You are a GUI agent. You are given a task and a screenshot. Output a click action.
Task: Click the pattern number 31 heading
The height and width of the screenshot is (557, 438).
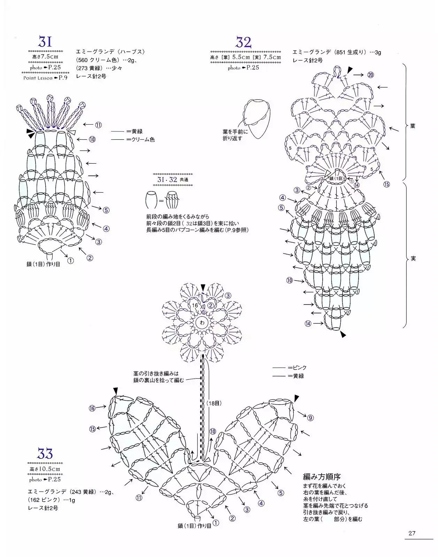45,42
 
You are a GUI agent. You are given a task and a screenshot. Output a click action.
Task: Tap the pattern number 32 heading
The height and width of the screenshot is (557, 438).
243,42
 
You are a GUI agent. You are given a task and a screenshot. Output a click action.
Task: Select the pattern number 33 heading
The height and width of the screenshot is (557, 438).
45,454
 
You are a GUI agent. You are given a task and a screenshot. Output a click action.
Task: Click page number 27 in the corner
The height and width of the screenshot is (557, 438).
412,533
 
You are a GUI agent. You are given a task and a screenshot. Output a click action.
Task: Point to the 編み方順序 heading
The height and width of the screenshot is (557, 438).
322,476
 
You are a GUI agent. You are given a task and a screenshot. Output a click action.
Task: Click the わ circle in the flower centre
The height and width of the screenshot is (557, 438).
202,323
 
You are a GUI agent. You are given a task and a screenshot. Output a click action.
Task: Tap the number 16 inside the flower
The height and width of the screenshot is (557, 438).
195,305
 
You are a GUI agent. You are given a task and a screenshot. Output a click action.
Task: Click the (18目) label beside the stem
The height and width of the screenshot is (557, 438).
214,403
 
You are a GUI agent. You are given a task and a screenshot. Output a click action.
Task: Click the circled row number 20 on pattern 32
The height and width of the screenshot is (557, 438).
370,74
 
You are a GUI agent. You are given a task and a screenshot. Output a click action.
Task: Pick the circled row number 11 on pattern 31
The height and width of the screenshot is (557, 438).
98,125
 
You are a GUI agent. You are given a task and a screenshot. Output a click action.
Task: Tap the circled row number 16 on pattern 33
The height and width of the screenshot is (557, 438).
92,408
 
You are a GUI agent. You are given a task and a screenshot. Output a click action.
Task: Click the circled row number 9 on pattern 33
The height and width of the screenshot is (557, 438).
310,417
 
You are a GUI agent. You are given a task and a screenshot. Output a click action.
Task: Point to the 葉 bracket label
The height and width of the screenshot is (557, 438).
413,126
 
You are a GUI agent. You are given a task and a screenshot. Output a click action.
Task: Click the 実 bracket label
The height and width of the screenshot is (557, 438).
413,259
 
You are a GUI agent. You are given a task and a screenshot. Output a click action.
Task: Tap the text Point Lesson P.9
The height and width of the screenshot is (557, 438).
45,78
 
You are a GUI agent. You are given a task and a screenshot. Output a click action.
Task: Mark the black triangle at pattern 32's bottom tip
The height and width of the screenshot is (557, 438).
343,335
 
